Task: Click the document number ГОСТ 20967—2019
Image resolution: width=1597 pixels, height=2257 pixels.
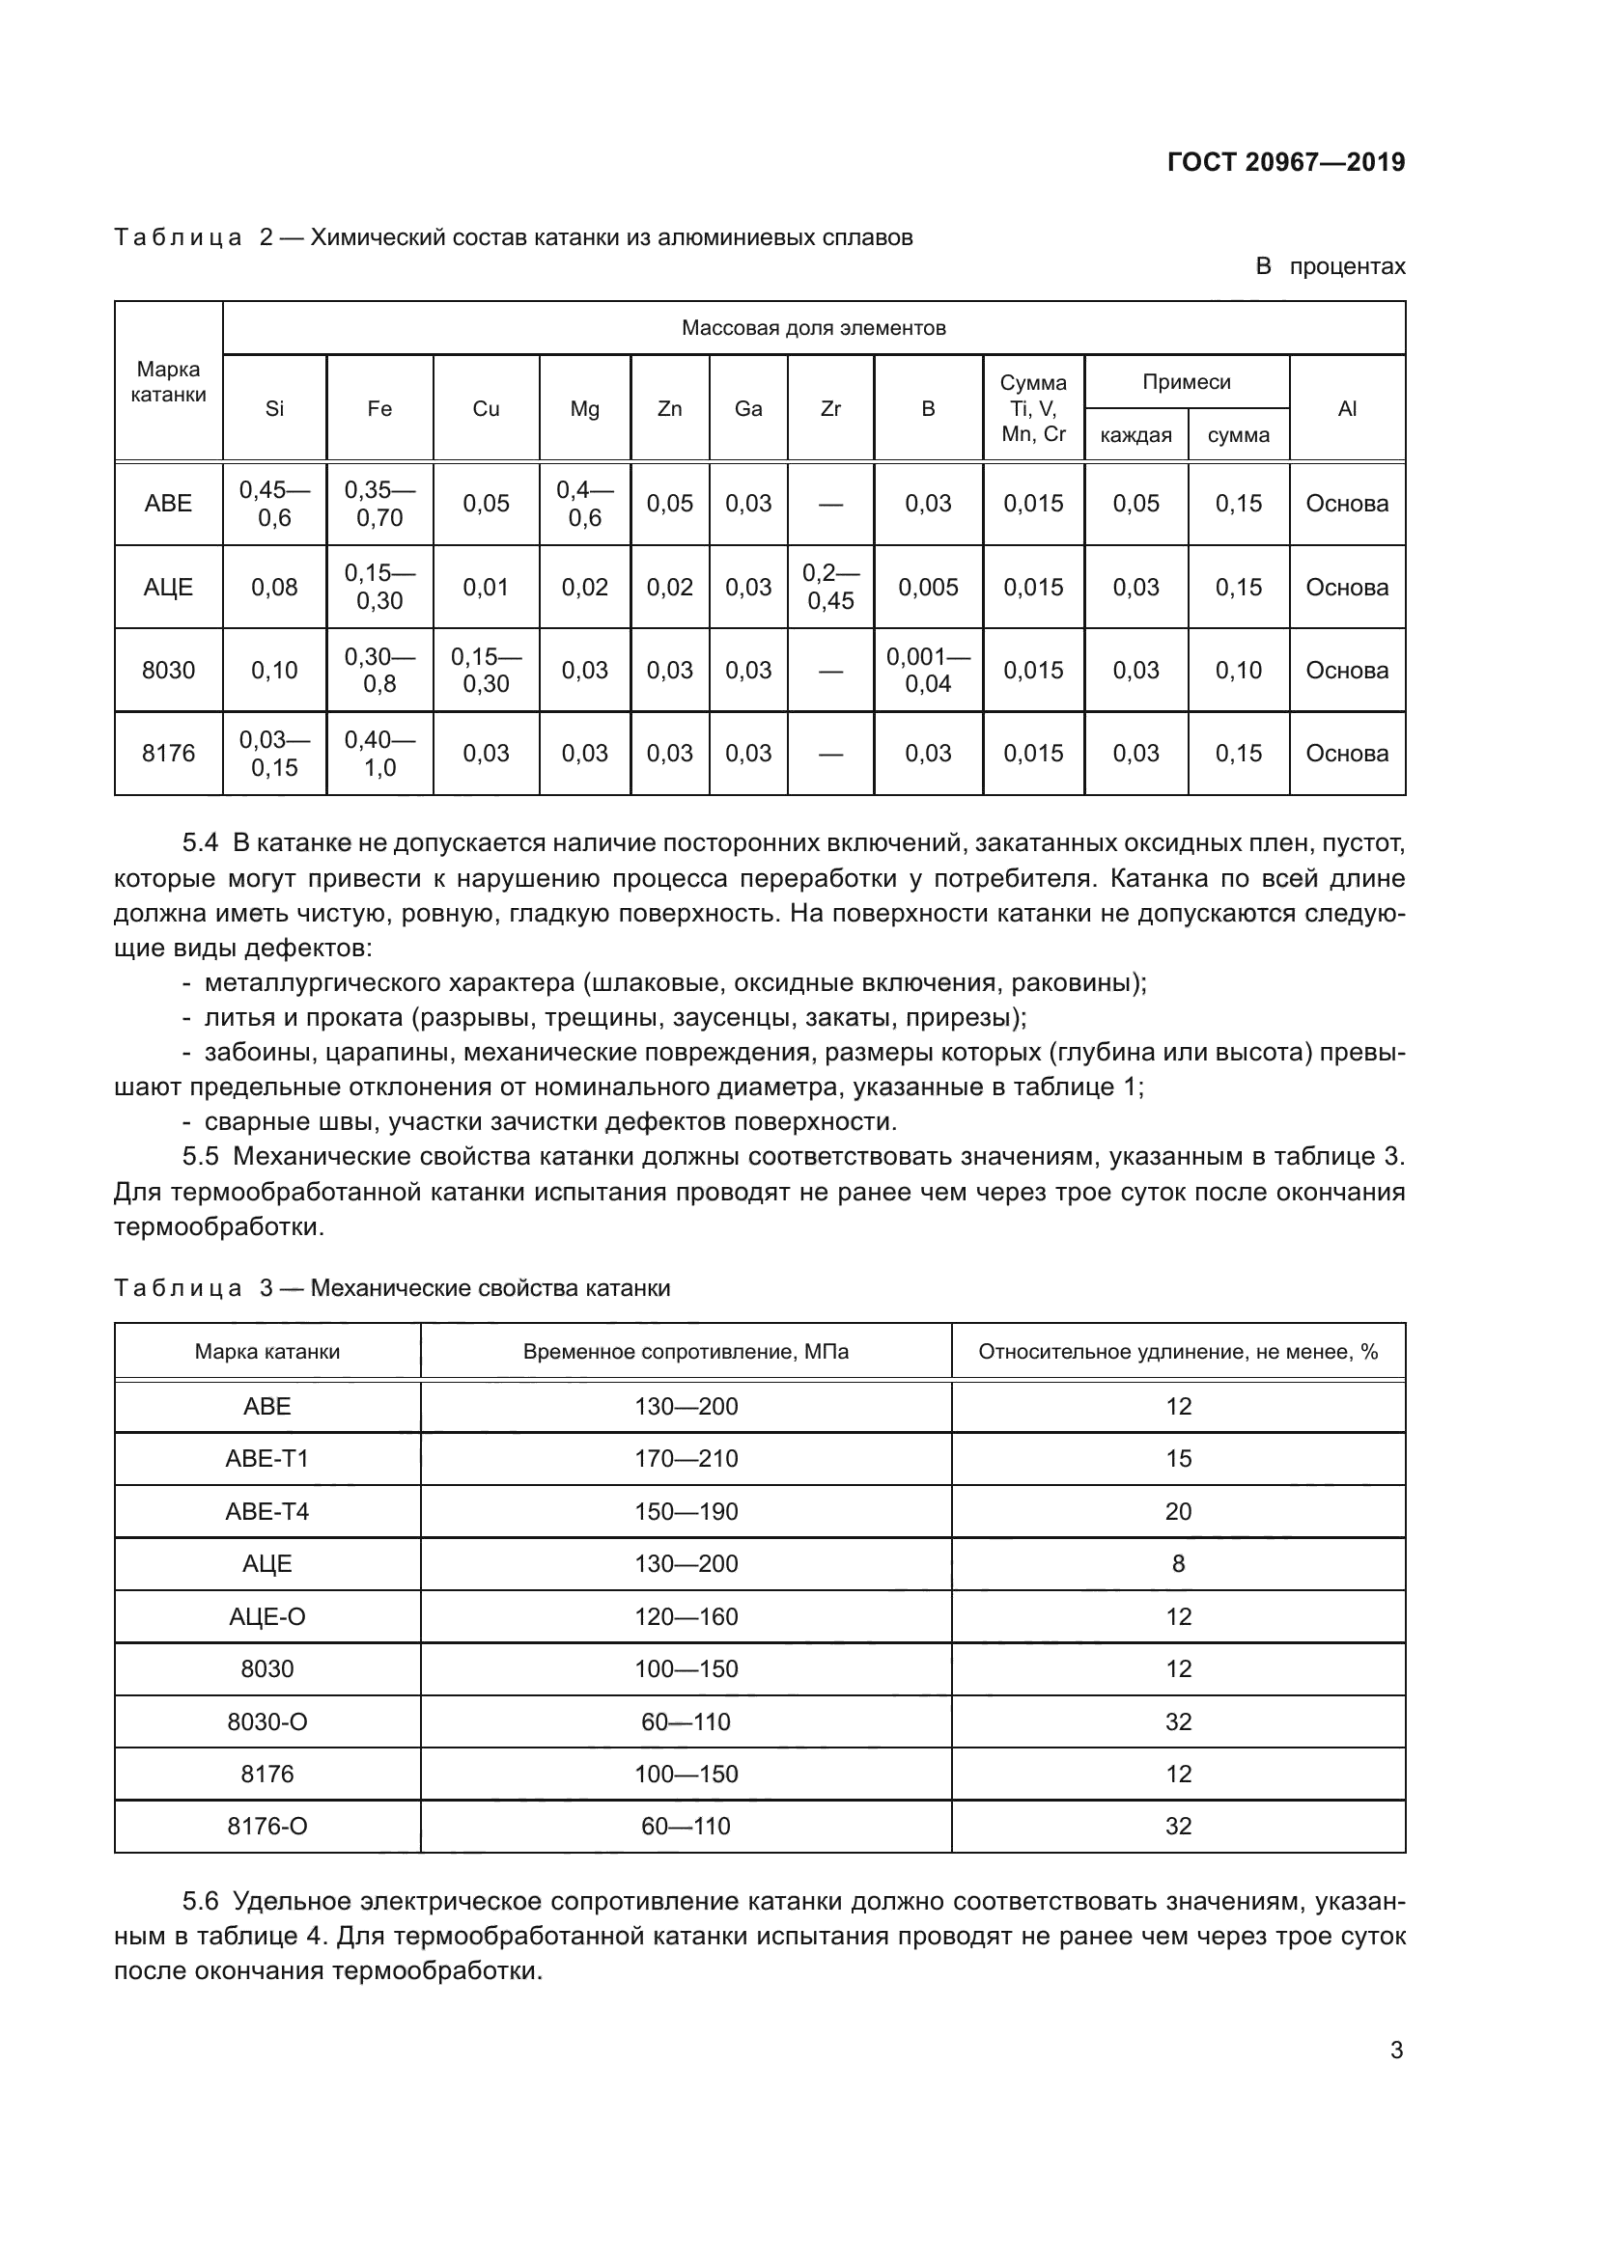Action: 1285,162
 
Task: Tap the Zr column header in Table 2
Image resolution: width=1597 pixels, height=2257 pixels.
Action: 830,409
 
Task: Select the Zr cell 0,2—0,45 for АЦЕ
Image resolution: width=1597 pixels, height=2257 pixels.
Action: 830,587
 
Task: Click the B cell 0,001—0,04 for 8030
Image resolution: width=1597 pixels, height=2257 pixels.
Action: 927,671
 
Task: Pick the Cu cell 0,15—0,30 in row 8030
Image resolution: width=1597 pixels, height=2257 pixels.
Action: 486,671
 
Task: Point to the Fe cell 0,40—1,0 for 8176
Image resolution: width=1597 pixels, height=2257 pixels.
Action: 379,754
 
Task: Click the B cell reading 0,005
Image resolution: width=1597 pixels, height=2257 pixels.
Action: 927,588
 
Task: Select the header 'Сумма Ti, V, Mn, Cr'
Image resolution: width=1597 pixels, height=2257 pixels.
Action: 1032,409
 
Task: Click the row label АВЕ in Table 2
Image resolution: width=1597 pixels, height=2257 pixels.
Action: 168,504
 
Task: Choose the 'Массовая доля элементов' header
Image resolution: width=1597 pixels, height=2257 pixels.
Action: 813,328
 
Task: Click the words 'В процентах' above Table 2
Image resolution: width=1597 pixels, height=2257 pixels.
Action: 1330,266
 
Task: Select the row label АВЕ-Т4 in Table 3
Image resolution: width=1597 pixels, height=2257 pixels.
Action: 266,1512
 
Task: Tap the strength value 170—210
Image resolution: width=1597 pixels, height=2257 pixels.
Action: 686,1459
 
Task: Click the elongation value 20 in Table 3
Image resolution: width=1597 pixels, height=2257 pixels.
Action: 1178,1512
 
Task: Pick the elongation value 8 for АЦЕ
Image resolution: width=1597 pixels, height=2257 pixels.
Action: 1178,1564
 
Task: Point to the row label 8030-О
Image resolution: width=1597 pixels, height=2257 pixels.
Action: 266,1722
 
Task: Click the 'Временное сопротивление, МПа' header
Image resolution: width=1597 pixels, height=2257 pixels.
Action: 686,1352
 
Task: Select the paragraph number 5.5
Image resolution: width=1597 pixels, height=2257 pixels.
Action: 201,1157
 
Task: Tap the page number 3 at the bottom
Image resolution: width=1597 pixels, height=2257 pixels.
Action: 1395,2051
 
